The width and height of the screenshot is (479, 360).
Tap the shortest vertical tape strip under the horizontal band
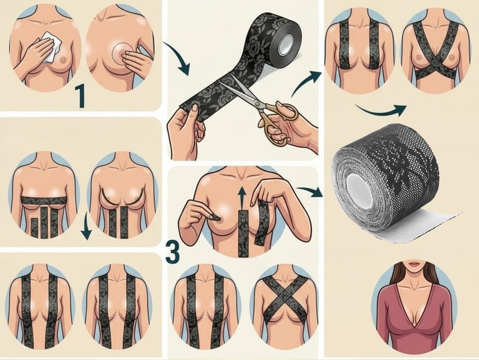(x=35, y=227)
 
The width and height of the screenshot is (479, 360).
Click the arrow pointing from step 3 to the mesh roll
(x=310, y=191)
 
